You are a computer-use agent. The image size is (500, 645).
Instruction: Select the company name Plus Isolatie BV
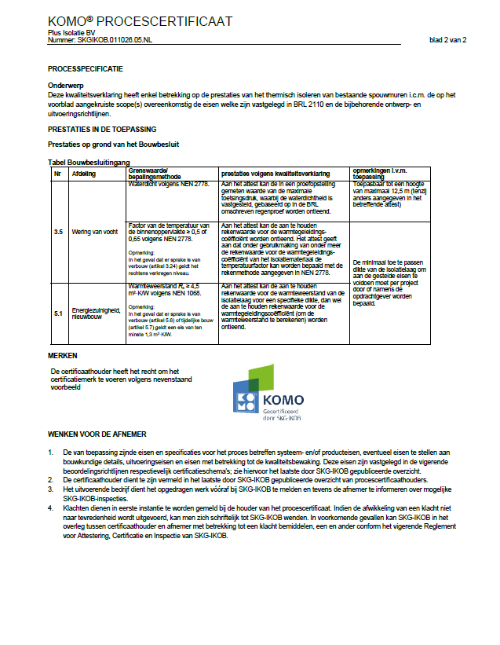point(71,33)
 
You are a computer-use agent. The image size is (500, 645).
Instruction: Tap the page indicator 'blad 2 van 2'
point(448,39)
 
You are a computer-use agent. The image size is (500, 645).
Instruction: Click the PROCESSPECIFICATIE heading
point(86,69)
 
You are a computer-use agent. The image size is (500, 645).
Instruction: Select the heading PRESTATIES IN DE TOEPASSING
point(102,129)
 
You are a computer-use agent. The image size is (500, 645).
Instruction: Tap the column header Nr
point(57,172)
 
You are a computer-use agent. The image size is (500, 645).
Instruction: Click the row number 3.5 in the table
point(58,233)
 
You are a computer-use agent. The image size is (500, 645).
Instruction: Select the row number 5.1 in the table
point(58,313)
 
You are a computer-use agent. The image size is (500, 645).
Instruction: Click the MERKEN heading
point(63,356)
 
